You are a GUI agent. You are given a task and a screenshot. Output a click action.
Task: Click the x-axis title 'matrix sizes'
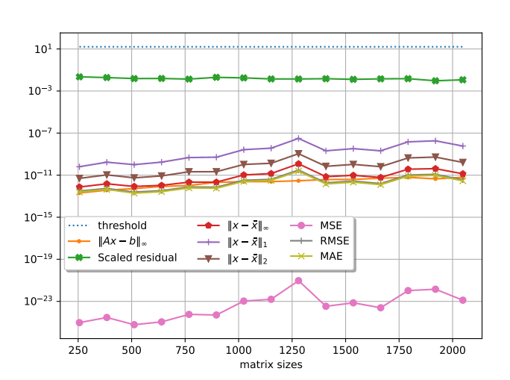tap(271, 366)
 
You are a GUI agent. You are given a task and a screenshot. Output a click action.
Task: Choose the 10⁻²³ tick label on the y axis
tap(39, 301)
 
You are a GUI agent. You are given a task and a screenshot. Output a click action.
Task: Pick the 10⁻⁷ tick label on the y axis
tap(40, 133)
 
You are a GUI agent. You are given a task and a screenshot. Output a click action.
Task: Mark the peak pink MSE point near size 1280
tap(298, 281)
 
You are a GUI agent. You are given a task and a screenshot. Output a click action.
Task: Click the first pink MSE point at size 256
tap(79, 323)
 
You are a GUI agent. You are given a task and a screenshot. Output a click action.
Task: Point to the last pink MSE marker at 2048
tap(463, 300)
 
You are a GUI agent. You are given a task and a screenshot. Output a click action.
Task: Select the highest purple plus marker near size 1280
tap(298, 138)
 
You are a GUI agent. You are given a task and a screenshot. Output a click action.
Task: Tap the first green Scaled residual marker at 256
tap(79, 77)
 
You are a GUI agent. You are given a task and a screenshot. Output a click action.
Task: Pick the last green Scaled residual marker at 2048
tap(463, 80)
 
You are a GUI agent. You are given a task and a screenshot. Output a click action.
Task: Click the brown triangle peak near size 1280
tap(298, 155)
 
